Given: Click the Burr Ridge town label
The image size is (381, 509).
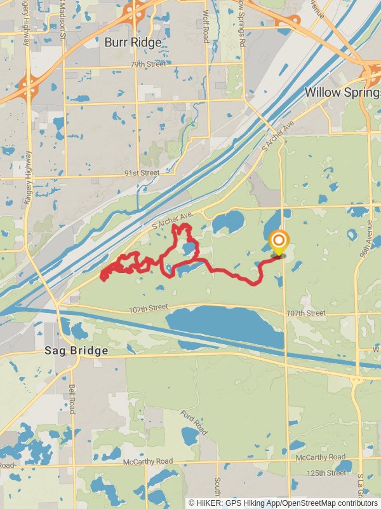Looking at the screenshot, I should pos(133,43).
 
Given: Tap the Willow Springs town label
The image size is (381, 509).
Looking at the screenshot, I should pos(342,92).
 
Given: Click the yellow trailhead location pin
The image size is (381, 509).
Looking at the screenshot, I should pos(278,242).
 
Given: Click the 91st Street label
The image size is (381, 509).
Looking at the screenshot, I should pos(142,172).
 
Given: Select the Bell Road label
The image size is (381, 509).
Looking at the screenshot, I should pos(72,398).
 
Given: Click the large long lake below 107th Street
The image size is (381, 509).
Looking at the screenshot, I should pos(222,324).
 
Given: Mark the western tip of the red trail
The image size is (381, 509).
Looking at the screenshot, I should pos(102,276).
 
